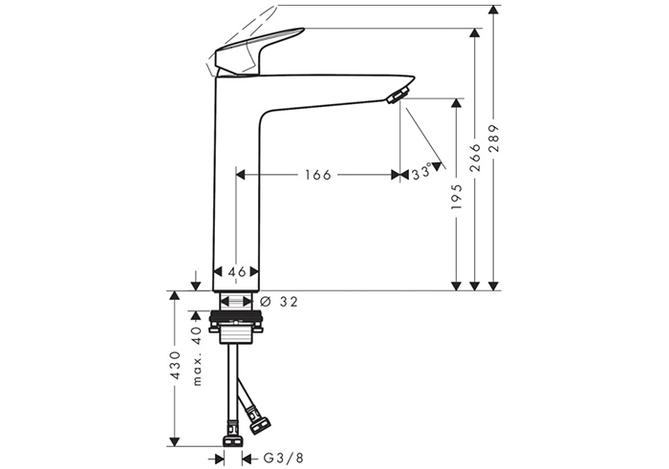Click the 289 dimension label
(x=493, y=139)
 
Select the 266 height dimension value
(x=474, y=158)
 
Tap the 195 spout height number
(x=457, y=197)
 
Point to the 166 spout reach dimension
(x=318, y=175)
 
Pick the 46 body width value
(x=236, y=271)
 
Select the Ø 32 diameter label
(x=278, y=302)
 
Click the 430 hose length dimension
(x=175, y=366)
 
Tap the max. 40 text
(x=196, y=356)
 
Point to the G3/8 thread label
(x=283, y=458)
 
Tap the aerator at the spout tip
(x=398, y=94)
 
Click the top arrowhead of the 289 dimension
(x=493, y=11)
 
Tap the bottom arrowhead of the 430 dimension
(x=175, y=441)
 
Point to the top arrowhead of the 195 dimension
(x=457, y=103)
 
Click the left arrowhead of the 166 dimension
(x=241, y=175)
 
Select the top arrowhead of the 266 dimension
(x=474, y=33)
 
